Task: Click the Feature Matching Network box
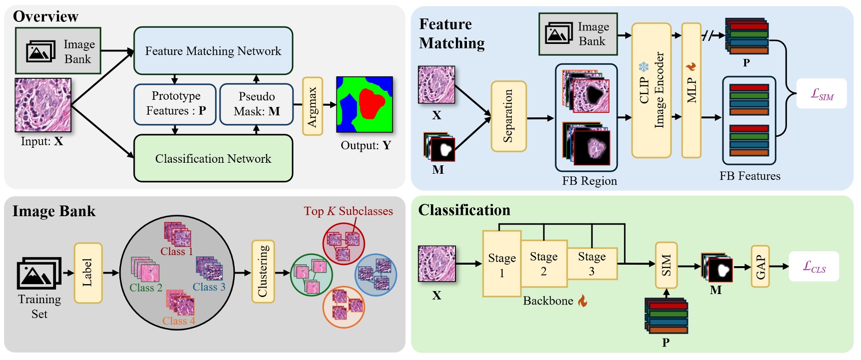click(x=213, y=51)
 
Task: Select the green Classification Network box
click(x=213, y=158)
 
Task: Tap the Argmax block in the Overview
click(x=312, y=106)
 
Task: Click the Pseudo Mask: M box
click(x=256, y=104)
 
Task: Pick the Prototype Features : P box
click(x=175, y=104)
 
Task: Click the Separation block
click(x=508, y=116)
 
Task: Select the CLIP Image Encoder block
click(x=651, y=90)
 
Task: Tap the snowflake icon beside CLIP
click(x=643, y=66)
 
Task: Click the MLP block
click(x=691, y=90)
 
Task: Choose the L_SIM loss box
click(x=822, y=93)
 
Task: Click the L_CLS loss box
click(x=814, y=267)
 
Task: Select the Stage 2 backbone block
click(x=544, y=264)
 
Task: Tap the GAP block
click(x=760, y=267)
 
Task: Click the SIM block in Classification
click(x=666, y=265)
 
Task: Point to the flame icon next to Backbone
click(x=582, y=301)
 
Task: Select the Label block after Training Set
click(x=88, y=273)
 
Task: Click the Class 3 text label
click(x=209, y=287)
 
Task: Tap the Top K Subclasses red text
click(x=348, y=211)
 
